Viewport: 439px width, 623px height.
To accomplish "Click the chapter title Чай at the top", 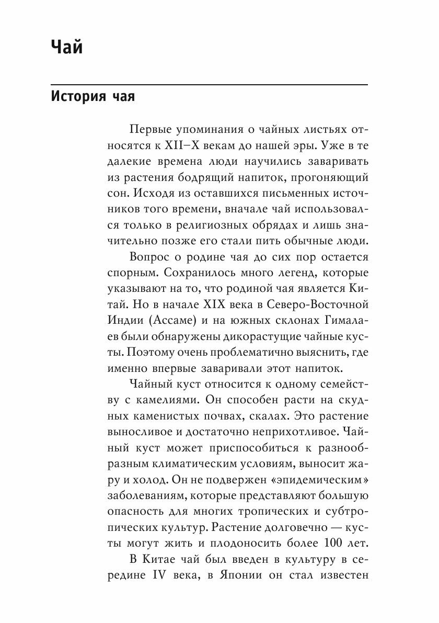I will pos(67,48).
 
